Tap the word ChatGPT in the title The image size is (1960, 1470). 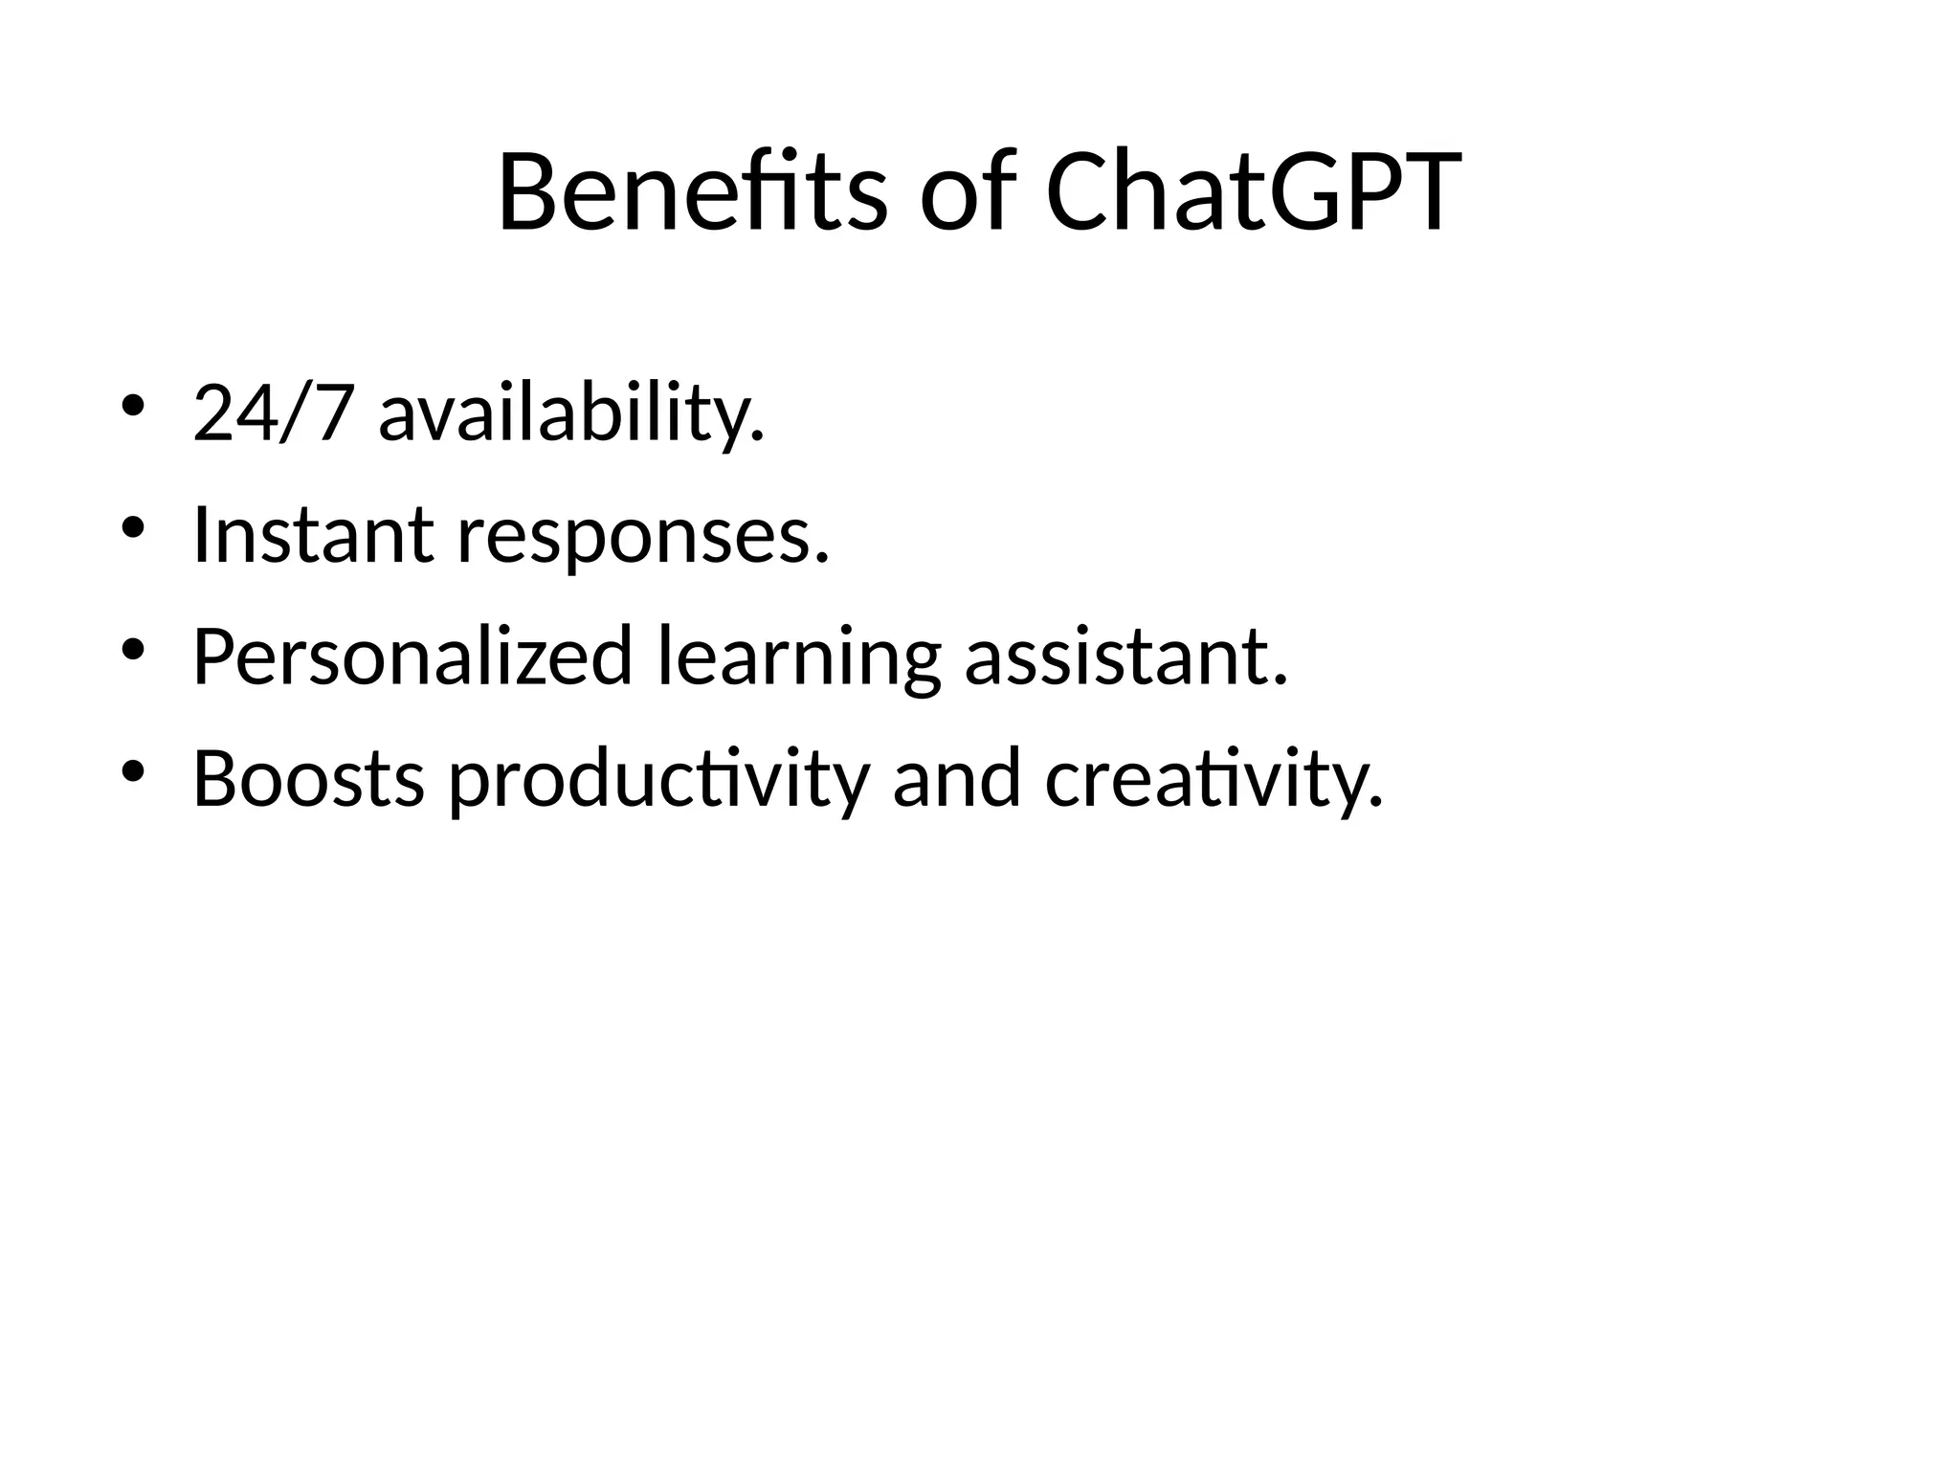[x=1253, y=193]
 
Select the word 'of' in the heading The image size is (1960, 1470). [x=967, y=193]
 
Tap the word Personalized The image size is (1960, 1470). [x=412, y=657]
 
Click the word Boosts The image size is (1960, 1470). [x=308, y=779]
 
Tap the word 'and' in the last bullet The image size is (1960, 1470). [x=956, y=779]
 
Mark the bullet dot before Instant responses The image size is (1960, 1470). [x=133, y=527]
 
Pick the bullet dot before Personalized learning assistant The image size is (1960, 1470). [x=133, y=650]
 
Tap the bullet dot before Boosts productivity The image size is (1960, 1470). [x=133, y=771]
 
